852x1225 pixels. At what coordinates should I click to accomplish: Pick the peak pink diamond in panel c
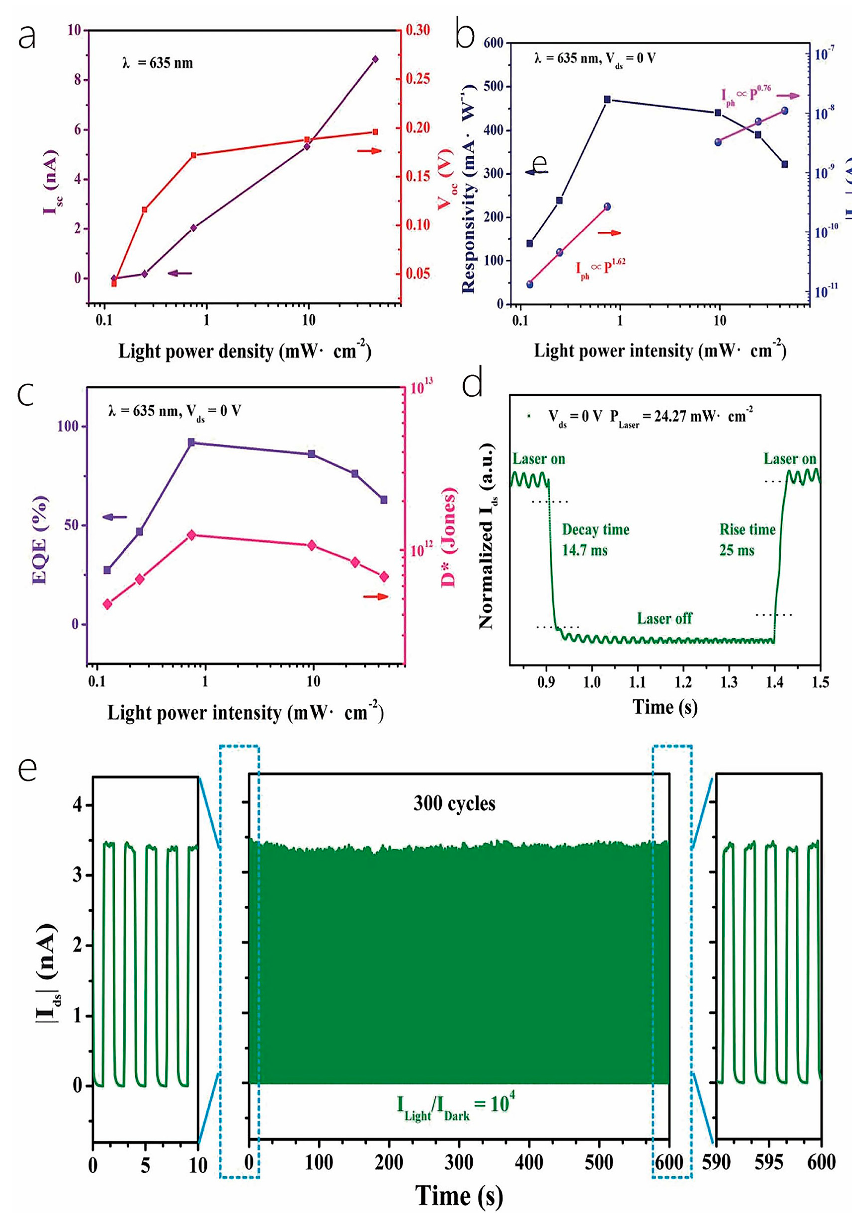[x=192, y=535]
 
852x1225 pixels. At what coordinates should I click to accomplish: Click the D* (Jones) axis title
[x=449, y=538]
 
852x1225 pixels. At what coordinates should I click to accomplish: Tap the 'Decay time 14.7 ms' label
[x=595, y=540]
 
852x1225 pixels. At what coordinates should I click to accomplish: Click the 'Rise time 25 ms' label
[x=747, y=540]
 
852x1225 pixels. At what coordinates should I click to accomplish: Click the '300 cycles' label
[x=454, y=804]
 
